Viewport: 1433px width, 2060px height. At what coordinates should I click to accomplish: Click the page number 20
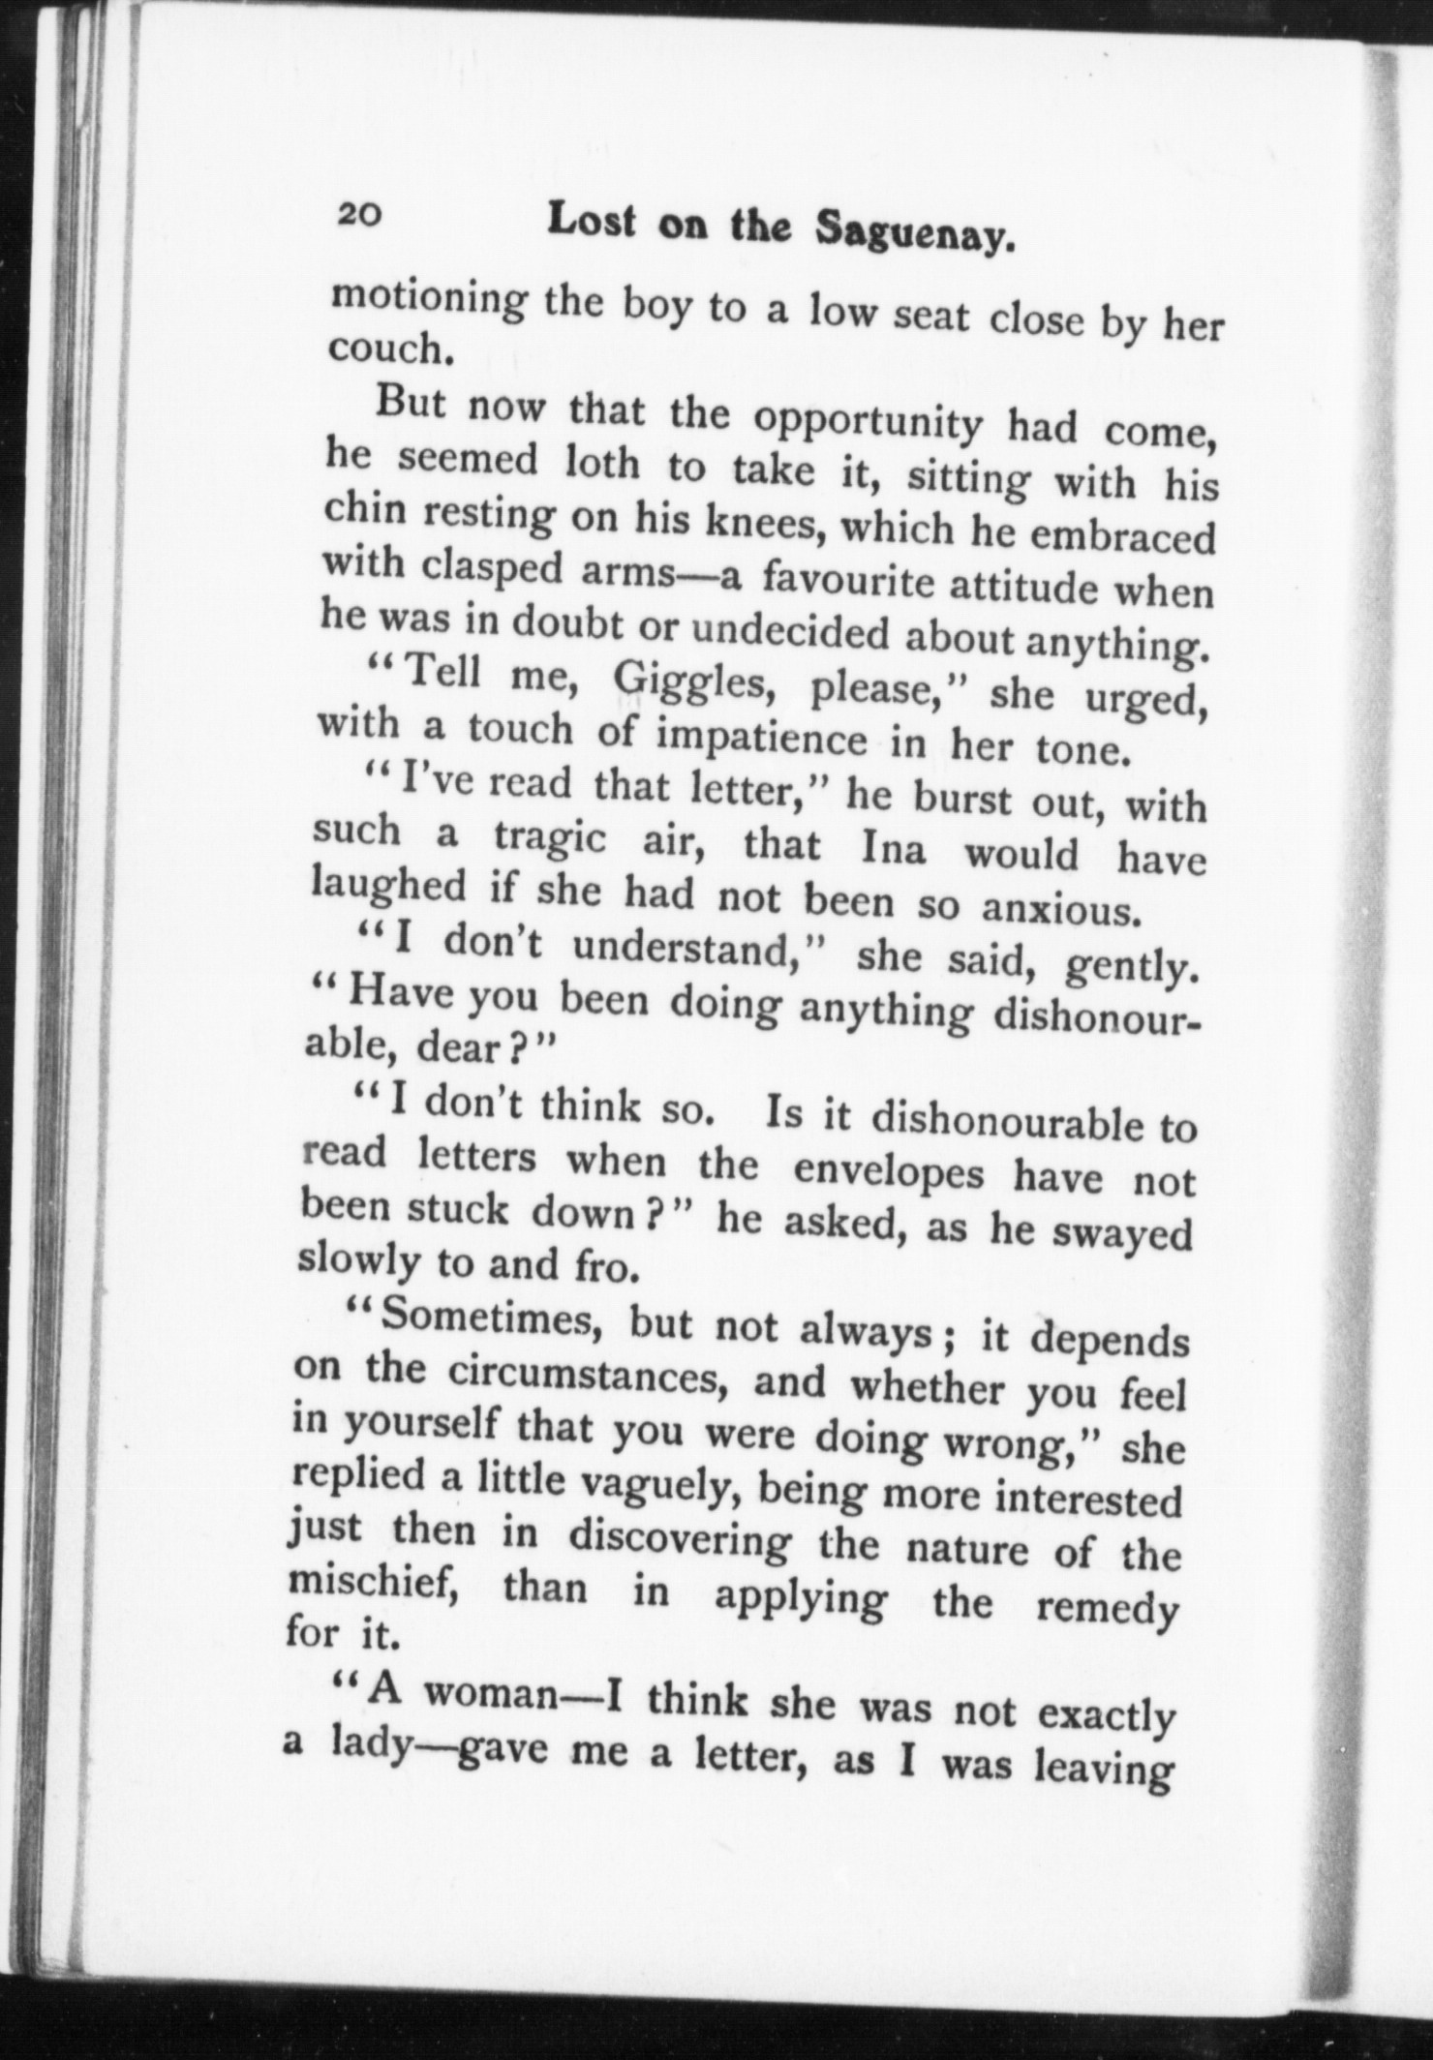[361, 215]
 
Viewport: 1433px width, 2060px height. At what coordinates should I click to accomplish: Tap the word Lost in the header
[592, 222]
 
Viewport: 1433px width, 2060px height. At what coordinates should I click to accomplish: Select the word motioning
[428, 299]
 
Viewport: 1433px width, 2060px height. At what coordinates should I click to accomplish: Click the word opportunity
[868, 422]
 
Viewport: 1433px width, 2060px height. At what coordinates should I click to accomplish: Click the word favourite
[846, 582]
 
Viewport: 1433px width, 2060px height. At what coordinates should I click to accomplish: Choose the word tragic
[550, 838]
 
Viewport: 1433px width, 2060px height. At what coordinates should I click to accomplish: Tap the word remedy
[1107, 1608]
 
